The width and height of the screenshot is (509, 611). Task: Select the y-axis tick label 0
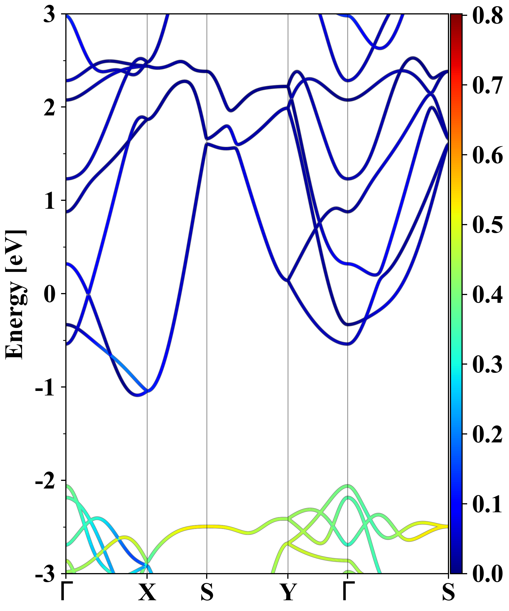pyautogui.click(x=49, y=294)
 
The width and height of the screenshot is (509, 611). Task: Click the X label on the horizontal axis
pyautogui.click(x=147, y=592)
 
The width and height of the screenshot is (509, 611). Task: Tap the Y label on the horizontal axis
pyautogui.click(x=288, y=592)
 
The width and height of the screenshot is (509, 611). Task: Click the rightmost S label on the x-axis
pyautogui.click(x=448, y=592)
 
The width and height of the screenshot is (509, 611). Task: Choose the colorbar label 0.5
pyautogui.click(x=487, y=225)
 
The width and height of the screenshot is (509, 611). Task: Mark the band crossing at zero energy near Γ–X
pyautogui.click(x=89, y=295)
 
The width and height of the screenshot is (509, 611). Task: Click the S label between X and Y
pyautogui.click(x=207, y=592)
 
